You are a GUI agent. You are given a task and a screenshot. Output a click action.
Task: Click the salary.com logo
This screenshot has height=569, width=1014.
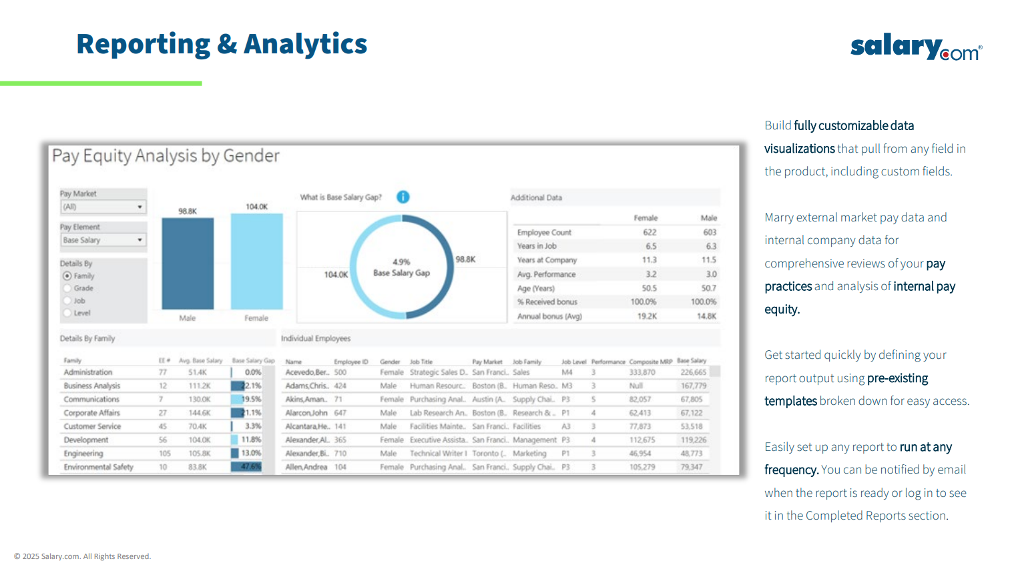pos(915,47)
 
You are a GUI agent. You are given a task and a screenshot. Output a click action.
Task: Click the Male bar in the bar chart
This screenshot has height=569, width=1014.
pos(188,263)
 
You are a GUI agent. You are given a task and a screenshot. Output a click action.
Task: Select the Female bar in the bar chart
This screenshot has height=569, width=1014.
pos(256,261)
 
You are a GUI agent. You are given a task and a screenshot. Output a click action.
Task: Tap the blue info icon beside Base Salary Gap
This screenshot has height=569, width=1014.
pos(403,197)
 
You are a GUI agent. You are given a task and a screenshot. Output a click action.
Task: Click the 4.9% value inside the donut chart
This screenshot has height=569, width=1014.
pos(401,262)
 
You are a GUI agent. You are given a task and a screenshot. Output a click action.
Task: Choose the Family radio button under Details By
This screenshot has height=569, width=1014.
pos(67,276)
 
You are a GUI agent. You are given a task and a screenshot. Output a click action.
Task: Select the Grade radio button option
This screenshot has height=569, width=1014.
pos(67,288)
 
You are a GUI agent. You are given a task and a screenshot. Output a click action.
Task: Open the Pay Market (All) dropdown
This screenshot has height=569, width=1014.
pos(103,207)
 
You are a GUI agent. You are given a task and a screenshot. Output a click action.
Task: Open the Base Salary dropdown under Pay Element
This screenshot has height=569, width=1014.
pos(103,240)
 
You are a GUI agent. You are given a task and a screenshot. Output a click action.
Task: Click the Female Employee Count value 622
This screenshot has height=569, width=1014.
pos(649,232)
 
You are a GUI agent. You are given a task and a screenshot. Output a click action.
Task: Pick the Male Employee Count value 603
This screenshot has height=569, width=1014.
pos(709,232)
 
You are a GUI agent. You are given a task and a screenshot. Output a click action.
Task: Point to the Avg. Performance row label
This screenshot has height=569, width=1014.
pos(546,274)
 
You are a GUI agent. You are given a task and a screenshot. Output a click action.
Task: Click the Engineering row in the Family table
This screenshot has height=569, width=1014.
pos(83,454)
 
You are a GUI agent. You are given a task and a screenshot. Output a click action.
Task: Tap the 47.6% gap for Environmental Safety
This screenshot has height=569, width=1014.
pos(250,467)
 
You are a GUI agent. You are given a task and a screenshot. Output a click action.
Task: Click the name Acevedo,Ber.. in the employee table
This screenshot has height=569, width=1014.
pos(306,372)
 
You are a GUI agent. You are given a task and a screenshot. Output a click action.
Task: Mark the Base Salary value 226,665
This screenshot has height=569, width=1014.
pos(693,372)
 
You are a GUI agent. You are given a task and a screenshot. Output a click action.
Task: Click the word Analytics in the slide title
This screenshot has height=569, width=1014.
pos(305,44)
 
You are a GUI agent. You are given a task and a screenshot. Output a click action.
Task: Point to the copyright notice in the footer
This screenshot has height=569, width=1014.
pos(82,556)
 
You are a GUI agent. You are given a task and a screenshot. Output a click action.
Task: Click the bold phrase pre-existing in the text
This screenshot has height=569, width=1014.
pos(897,378)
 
